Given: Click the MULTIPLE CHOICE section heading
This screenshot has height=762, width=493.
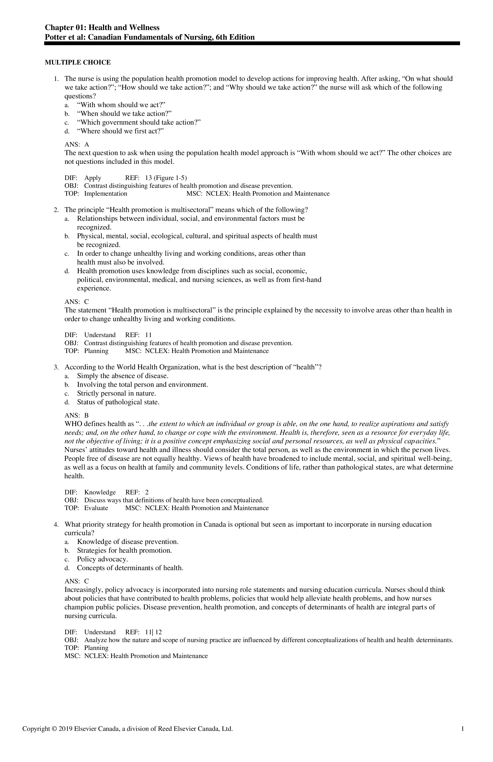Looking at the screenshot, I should click(78, 63).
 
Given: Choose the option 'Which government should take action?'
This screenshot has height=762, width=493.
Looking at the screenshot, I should click(139, 122).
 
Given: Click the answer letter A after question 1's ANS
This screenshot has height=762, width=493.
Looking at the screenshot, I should click(87, 144).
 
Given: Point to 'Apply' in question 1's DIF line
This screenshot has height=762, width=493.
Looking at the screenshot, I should click(93, 178).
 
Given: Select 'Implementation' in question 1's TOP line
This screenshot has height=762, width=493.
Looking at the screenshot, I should click(106, 194).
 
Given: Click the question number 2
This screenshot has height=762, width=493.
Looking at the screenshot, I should click(56, 210).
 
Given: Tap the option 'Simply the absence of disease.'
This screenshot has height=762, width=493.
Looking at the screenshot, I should click(123, 376).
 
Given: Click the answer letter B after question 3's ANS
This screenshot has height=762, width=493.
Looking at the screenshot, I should click(86, 416).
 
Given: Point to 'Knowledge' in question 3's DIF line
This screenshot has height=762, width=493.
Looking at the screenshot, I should click(100, 492).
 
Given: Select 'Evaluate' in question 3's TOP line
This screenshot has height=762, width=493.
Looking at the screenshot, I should click(96, 508).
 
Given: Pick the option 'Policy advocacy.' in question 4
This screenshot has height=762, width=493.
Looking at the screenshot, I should click(102, 559).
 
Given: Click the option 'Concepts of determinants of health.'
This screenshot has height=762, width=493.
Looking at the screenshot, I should click(130, 568).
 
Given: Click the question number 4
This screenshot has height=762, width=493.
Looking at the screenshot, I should click(56, 524).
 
